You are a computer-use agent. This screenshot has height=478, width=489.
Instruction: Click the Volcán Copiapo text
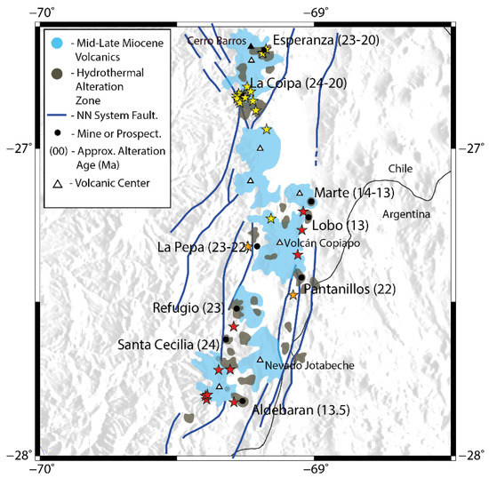[317, 242]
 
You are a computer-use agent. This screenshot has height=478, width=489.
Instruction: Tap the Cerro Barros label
[214, 40]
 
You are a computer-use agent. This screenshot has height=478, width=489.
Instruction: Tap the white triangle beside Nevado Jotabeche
[260, 360]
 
